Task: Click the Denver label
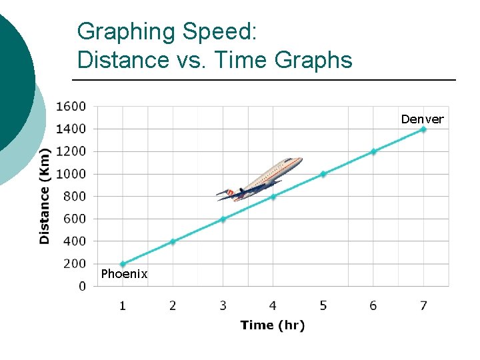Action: [422, 119]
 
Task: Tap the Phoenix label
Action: [124, 274]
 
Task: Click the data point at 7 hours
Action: [423, 129]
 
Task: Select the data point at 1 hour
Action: [123, 264]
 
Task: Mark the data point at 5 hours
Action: [323, 174]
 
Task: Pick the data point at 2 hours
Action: [173, 241]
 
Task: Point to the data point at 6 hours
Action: [373, 151]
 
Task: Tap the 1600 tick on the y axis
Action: [71, 106]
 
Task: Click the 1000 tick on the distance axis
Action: [71, 174]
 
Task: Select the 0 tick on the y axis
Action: [82, 287]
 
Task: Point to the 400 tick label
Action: [74, 241]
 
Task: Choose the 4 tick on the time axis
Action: [273, 306]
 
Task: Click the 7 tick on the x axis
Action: [423, 306]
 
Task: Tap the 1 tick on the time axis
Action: [123, 306]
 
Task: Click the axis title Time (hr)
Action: [272, 325]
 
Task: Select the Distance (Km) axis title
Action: [45, 195]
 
